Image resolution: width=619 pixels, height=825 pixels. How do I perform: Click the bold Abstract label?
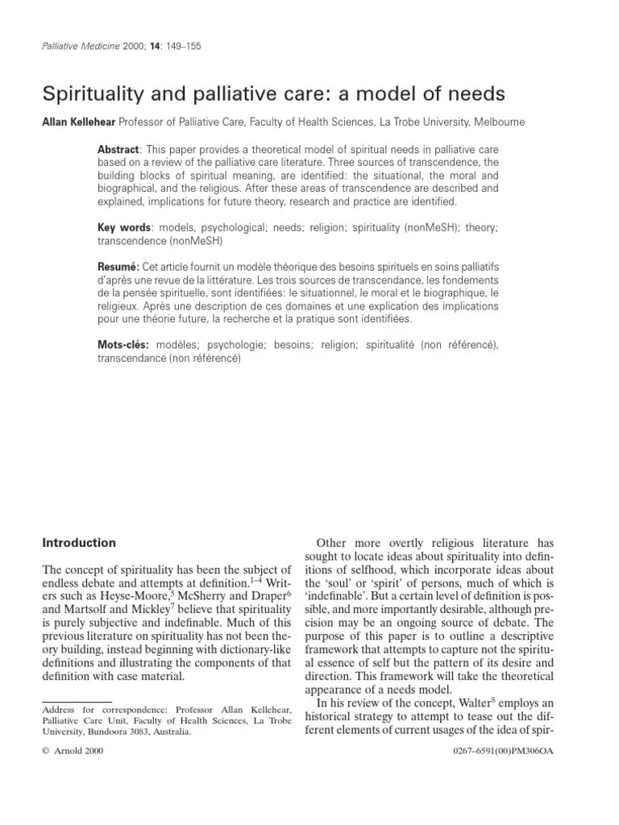point(118,151)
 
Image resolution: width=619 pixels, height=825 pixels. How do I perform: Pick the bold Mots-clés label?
point(124,345)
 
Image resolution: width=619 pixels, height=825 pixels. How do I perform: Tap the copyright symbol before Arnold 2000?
point(45,751)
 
